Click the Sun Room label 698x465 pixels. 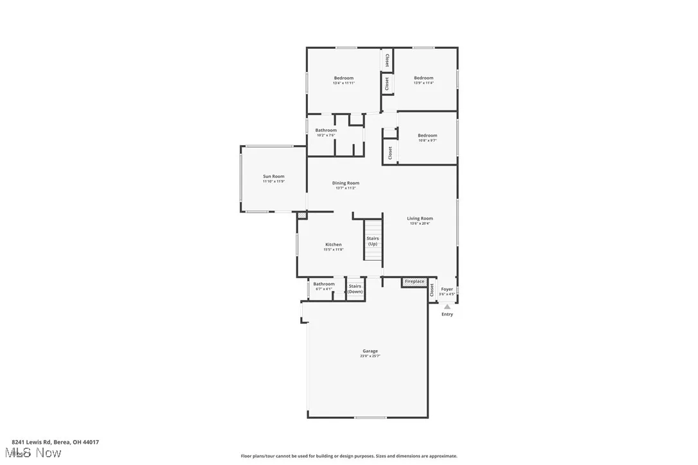[273, 177]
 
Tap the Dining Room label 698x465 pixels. [346, 183]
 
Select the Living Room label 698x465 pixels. [420, 218]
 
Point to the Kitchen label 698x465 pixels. [334, 245]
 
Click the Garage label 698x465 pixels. [370, 351]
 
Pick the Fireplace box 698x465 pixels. [415, 281]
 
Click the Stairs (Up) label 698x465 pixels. [373, 241]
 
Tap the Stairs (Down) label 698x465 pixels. [355, 289]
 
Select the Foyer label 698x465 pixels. [447, 289]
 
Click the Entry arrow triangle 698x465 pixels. [447, 307]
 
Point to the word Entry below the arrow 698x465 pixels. [447, 314]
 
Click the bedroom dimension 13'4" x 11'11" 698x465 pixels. [344, 83]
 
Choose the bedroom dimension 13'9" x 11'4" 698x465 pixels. [424, 83]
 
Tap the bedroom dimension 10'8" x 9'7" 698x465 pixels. [427, 140]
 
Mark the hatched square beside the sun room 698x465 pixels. [302, 216]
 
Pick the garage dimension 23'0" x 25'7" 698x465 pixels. [370, 356]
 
